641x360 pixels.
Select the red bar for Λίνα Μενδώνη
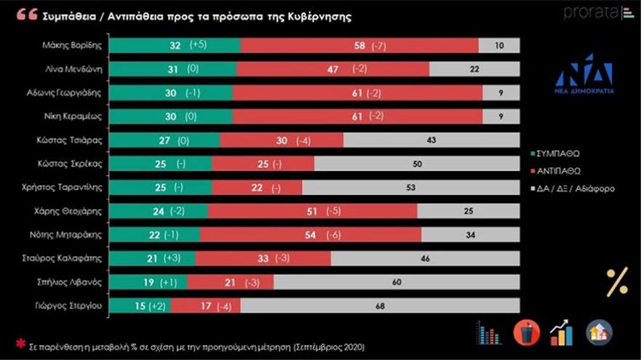(x=333, y=69)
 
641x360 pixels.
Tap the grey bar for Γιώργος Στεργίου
(x=380, y=307)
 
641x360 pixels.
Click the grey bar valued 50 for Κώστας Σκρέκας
(x=416, y=164)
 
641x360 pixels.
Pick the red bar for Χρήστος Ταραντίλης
(x=257, y=188)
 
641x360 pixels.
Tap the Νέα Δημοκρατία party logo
(x=584, y=73)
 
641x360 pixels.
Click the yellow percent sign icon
(x=617, y=282)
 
